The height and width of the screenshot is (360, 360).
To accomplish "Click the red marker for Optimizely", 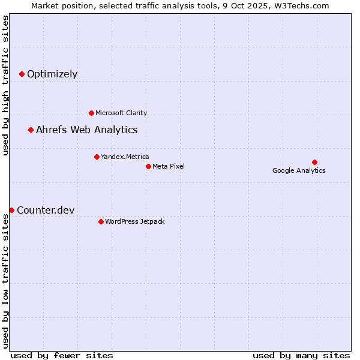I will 22,74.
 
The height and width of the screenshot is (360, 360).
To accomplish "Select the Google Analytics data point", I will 314,162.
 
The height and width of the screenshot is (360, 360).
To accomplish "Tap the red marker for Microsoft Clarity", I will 91,113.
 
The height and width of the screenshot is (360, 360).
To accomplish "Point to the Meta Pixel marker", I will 148,166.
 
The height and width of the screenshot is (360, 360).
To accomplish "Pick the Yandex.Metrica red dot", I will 97,157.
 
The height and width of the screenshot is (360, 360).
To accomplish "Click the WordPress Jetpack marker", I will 101,221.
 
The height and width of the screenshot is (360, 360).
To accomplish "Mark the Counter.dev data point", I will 11,210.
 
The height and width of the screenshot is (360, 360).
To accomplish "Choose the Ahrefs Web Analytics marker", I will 31,130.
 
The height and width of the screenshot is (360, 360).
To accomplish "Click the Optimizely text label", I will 52,74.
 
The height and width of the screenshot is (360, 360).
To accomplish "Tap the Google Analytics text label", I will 299,170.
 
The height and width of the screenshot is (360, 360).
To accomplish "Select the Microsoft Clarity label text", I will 121,113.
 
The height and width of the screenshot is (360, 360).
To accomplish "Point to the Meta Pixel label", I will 169,166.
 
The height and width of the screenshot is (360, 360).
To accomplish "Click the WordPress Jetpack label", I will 134,221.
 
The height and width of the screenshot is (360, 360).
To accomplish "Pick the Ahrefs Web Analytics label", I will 86,130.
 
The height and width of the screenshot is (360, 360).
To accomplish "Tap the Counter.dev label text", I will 46,210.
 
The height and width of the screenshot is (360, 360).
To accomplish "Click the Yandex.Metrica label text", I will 125,157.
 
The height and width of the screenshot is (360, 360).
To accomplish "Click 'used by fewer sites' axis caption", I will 62,355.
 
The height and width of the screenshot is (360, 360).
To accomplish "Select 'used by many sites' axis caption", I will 301,355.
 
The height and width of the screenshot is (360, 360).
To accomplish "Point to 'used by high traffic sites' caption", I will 6,85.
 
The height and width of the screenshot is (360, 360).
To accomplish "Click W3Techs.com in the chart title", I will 301,5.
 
